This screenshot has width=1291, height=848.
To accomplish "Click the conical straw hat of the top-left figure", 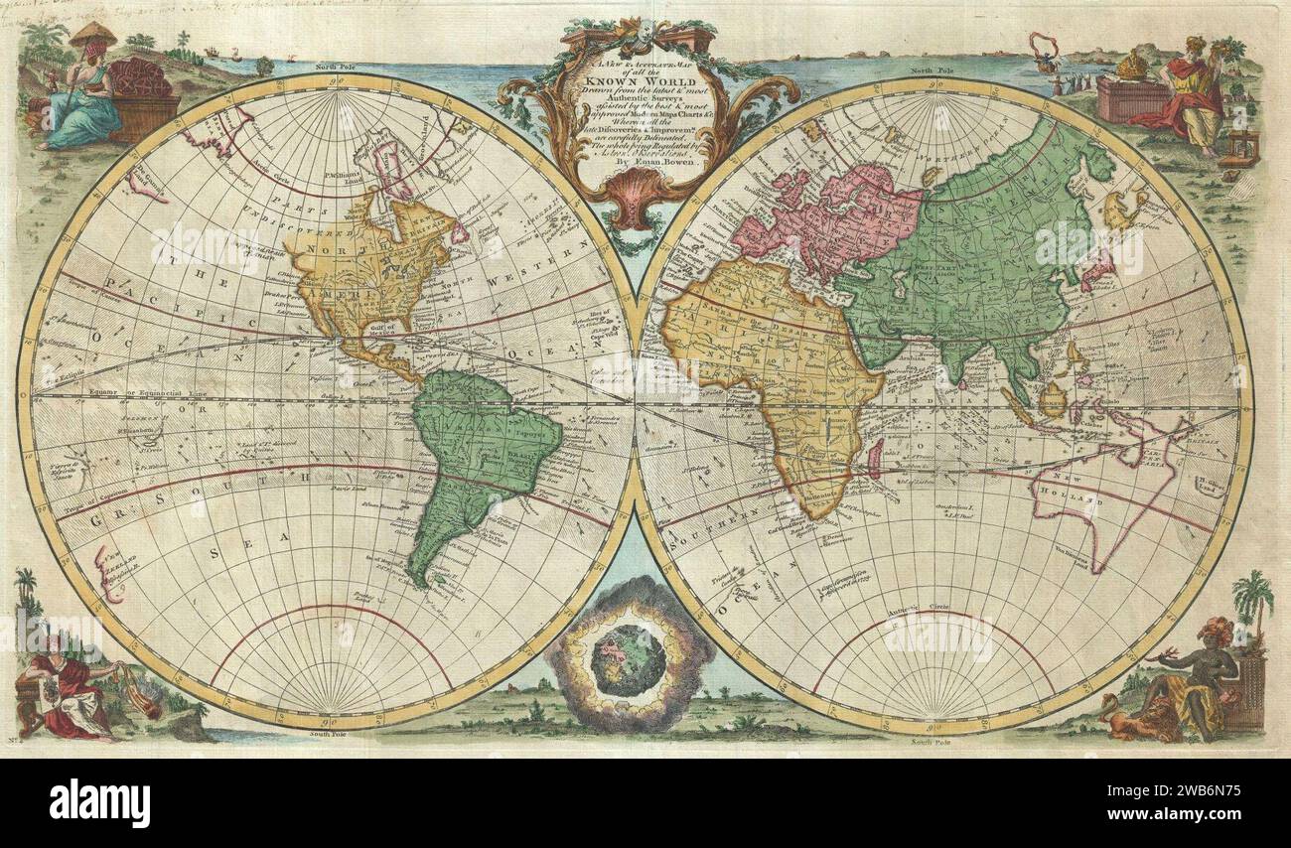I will coord(91,34).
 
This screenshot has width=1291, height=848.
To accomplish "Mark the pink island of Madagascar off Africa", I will coord(875,458).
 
